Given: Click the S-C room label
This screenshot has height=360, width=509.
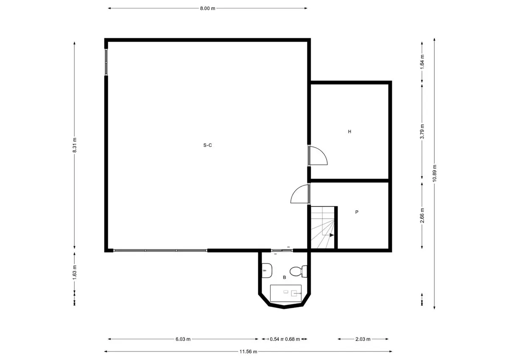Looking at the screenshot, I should [x=207, y=145].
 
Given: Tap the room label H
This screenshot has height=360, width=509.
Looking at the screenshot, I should [x=350, y=131].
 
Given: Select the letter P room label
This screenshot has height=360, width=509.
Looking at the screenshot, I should [x=357, y=212].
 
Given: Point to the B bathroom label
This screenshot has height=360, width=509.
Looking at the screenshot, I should [x=284, y=277].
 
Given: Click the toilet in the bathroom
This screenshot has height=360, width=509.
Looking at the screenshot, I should [x=297, y=270].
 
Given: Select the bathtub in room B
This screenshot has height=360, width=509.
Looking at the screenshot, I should [x=286, y=293].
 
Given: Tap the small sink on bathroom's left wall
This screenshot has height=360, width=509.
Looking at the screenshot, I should [x=266, y=270].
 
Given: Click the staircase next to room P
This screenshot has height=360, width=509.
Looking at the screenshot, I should [x=323, y=228].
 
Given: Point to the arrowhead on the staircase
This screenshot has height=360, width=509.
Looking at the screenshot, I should [x=331, y=234].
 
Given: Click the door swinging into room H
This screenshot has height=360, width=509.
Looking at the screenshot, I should [x=318, y=156].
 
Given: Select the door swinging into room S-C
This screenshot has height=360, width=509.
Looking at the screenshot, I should [x=300, y=195].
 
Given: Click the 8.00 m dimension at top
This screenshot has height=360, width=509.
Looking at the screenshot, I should [x=207, y=8].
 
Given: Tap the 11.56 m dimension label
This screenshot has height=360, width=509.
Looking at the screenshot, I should [x=248, y=351].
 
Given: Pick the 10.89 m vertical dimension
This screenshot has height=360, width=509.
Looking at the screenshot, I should [x=434, y=173].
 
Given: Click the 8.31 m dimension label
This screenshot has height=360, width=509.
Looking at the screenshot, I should [x=75, y=145].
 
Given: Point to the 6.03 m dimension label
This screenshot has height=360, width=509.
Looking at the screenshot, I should [x=183, y=339].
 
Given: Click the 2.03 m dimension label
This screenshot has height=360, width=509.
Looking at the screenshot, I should [x=363, y=339].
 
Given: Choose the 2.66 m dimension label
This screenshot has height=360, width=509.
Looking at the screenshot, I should [x=422, y=215].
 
